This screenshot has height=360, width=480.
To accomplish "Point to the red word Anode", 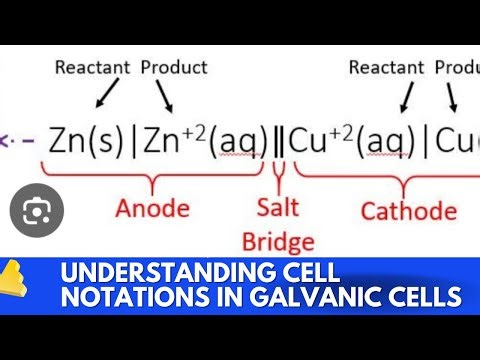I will [x=152, y=209].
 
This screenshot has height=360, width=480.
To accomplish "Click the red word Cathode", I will [x=408, y=210].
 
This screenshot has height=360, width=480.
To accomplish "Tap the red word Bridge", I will [x=278, y=241].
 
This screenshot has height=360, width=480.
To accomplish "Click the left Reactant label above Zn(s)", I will [x=93, y=67].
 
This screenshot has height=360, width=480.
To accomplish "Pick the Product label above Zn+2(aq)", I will [x=174, y=67].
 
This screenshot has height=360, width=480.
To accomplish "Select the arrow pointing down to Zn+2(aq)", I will [x=164, y=96].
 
